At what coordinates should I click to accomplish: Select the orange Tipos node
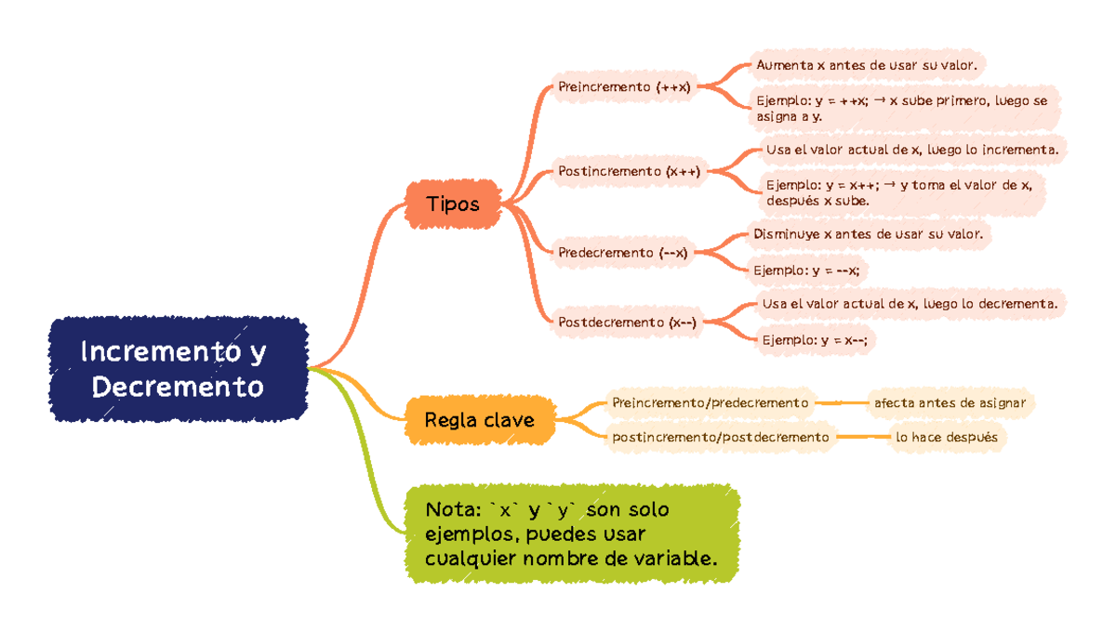453,204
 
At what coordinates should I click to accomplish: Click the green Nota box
572,534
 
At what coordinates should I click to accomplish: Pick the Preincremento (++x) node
624,86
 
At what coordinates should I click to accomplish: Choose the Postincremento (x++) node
629,170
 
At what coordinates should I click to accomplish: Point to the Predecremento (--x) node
623,252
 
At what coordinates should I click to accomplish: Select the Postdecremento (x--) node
627,323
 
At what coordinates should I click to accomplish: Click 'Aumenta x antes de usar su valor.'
866,65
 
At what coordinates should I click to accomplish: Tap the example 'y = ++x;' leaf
907,109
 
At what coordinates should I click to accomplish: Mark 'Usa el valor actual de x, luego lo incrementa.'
911,149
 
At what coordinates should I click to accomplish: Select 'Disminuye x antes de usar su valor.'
868,234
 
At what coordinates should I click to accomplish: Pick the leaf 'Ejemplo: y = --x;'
806,270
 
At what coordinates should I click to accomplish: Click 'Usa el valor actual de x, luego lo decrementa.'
909,303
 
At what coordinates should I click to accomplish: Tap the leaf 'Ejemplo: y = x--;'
815,340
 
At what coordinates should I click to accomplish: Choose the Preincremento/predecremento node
711,402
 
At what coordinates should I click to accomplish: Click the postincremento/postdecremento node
720,436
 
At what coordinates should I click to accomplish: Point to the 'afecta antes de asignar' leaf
950,402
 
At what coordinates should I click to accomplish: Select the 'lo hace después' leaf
946,436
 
